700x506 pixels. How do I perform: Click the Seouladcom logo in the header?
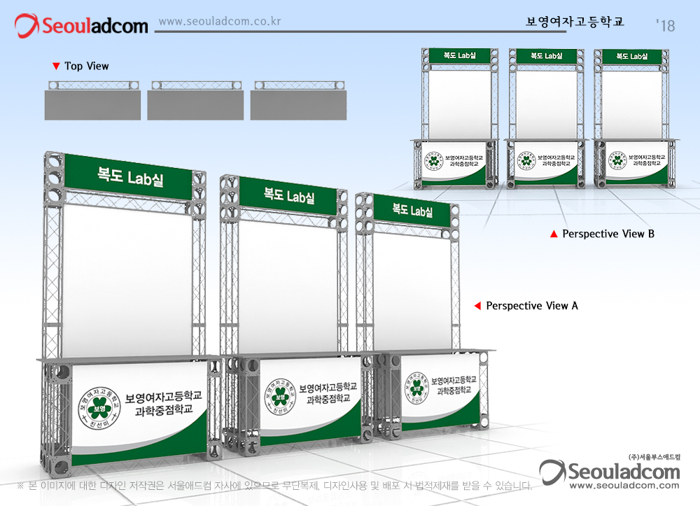(82, 26)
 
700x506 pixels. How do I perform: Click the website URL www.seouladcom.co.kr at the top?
(220, 21)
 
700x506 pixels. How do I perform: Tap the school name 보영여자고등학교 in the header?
(575, 22)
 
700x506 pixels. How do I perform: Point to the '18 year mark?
(666, 26)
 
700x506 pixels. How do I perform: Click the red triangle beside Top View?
(56, 66)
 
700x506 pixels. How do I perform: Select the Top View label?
(87, 66)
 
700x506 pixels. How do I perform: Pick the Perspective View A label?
(532, 306)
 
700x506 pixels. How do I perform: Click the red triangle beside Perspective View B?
(554, 234)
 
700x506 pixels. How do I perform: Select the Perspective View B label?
(608, 234)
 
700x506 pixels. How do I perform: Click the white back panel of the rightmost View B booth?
(632, 101)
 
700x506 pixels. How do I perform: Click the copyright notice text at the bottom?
(274, 485)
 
